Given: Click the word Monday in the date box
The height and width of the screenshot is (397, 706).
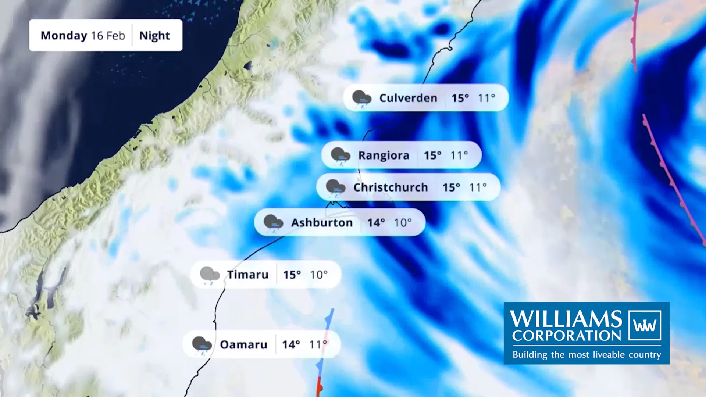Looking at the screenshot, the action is point(64,36).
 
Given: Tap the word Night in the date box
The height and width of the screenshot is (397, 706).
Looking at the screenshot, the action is point(154,36).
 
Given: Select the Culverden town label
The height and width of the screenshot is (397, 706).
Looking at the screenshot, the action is point(408,98).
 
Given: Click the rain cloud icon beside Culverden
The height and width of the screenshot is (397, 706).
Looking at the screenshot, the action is point(361,99).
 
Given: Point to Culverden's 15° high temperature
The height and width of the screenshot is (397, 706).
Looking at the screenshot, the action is point(460,98).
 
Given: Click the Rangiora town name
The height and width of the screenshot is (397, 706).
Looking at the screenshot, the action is point(384,155).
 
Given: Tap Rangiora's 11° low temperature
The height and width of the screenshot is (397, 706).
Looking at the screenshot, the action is point(459,155).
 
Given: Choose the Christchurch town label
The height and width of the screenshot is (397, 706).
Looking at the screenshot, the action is point(391,187).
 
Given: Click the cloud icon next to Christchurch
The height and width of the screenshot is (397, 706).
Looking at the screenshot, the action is point(335,188).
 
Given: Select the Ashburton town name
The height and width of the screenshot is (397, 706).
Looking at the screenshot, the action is point(322,223).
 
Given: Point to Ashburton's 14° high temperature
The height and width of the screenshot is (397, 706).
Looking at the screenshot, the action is point(376,223).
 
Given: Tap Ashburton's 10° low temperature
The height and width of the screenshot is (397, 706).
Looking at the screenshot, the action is point(403,223).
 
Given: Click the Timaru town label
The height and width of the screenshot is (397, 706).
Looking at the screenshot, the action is point(247,275).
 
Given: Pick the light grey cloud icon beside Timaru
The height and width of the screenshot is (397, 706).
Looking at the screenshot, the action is point(210,275).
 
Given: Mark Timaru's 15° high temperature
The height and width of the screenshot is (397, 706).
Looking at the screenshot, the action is point(292,275).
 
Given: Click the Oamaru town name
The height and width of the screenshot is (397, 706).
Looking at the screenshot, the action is point(243,345).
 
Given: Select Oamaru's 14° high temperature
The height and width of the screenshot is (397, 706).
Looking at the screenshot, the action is point(291,345).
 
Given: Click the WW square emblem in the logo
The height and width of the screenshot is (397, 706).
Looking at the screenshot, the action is point(645,325).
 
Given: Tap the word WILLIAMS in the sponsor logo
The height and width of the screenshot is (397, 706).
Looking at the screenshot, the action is point(566,318).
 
